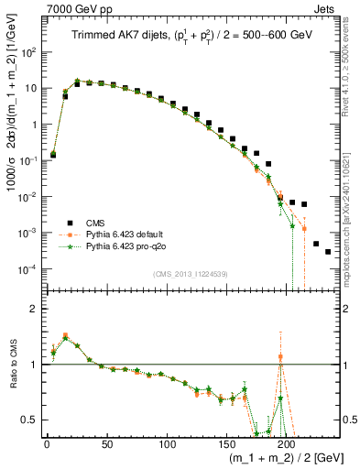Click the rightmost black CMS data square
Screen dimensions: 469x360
click(328, 252)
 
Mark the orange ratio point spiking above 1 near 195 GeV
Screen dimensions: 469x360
click(280, 357)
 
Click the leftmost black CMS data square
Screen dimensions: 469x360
click(53, 155)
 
